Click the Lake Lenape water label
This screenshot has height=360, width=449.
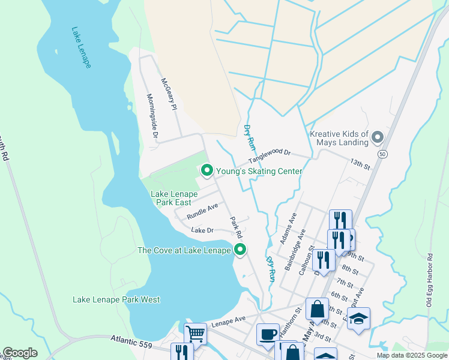click(81, 47)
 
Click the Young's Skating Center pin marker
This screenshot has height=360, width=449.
click(207, 172)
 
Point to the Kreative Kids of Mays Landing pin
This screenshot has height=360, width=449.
click(378, 138)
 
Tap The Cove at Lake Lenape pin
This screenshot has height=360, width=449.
click(240, 250)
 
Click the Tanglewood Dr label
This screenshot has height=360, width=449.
click(270, 157)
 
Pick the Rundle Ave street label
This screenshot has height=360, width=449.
click(202, 211)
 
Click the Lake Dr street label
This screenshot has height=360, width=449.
click(202, 230)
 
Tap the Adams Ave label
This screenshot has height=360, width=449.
click(288, 228)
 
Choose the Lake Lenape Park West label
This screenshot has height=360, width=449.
click(116, 299)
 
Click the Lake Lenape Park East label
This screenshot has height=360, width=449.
click(174, 199)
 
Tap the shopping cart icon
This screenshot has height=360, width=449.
click(195, 333)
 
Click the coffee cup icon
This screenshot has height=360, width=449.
click(268, 333)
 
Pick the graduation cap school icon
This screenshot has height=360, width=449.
click(358, 318)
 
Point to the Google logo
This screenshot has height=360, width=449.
click(20, 353)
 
